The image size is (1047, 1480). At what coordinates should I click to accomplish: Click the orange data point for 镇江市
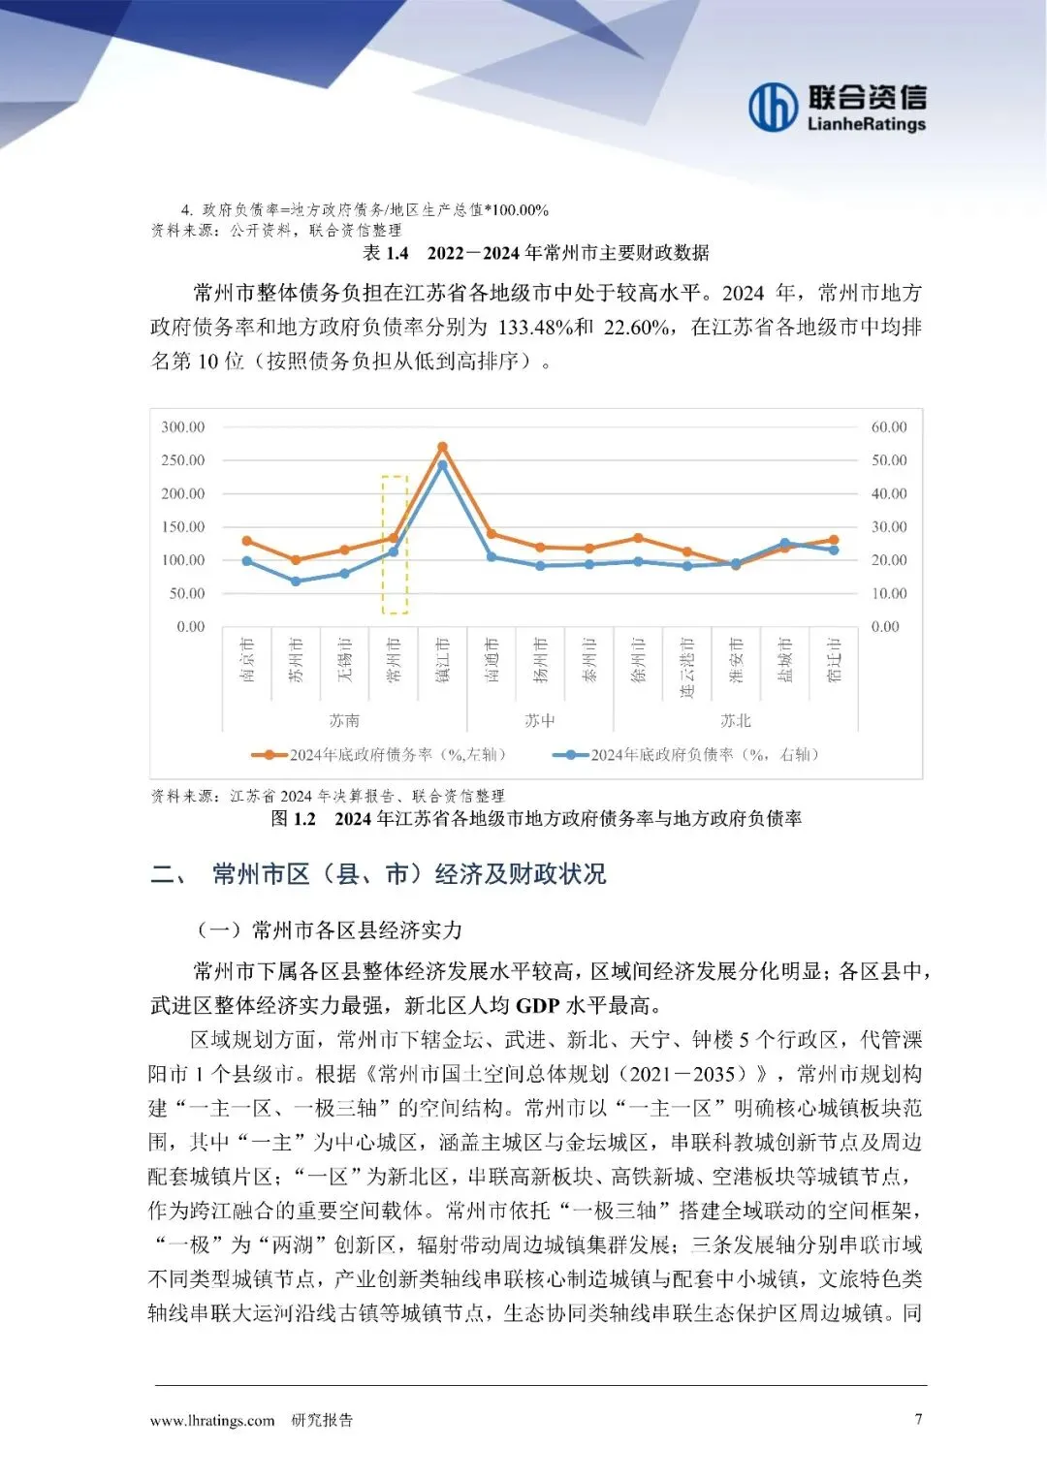[x=442, y=447]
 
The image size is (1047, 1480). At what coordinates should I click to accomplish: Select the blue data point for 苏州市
[x=296, y=582]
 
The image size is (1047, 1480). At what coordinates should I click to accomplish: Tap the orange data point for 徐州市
[x=638, y=538]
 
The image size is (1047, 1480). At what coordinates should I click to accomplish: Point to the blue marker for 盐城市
[x=784, y=544]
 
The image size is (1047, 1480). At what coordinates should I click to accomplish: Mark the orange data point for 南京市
[x=247, y=541]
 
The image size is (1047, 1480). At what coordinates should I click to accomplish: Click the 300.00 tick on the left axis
[x=183, y=427]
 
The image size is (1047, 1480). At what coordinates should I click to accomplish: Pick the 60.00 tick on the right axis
[x=889, y=427]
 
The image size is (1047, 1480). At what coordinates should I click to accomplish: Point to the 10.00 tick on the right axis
[x=889, y=593]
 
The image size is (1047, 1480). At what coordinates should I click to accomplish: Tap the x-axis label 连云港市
[x=686, y=668]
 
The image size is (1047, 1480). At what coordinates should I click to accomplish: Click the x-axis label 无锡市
[x=345, y=660]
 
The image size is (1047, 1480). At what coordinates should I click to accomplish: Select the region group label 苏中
[x=540, y=720]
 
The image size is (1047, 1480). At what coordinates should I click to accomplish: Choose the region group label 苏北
[x=736, y=720]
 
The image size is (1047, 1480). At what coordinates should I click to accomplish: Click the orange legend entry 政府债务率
[x=378, y=754]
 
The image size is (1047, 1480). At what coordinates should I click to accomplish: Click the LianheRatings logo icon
[x=772, y=107]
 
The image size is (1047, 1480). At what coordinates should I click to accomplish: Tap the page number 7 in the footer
[x=919, y=1419]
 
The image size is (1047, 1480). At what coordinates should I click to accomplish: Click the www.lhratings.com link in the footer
[x=212, y=1420]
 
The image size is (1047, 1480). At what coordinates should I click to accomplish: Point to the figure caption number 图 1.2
[x=294, y=819]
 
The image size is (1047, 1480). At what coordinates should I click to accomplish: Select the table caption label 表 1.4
[x=386, y=253]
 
